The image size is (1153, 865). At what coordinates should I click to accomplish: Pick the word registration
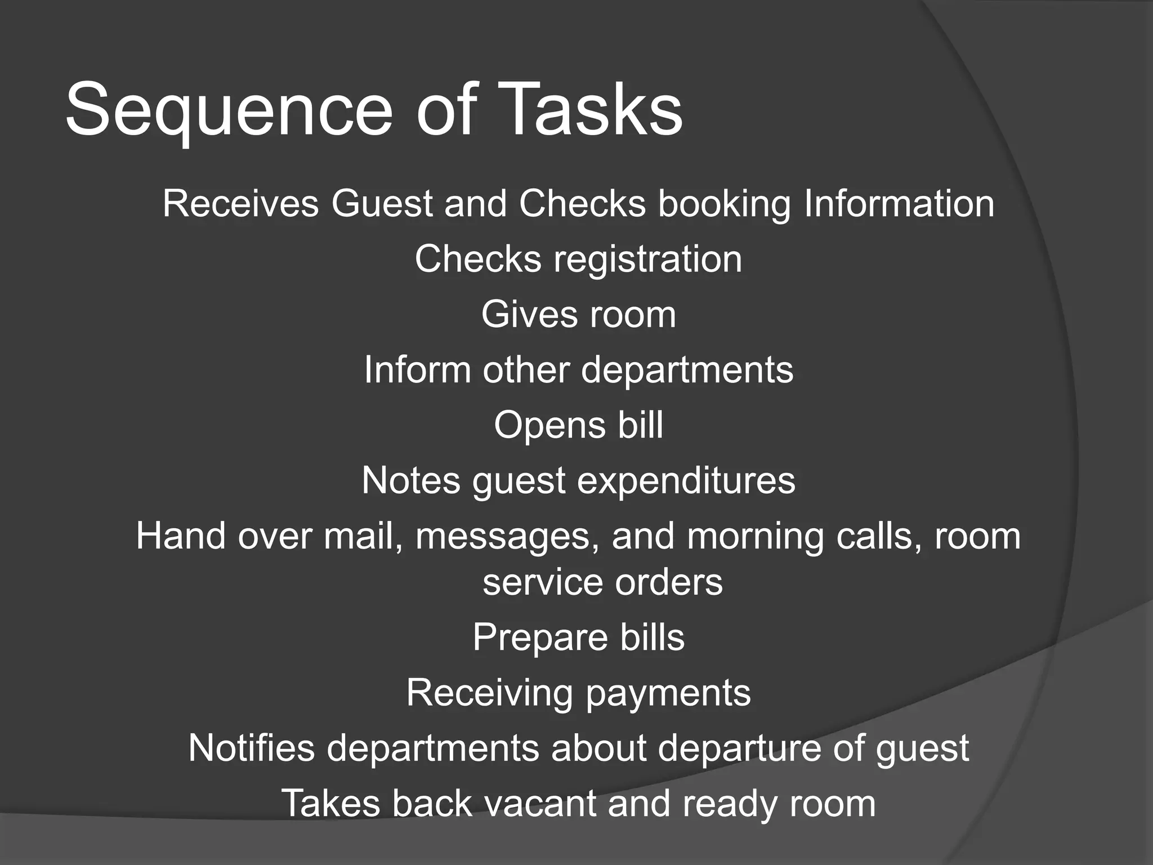[647, 259]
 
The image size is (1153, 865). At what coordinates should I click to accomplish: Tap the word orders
[669, 582]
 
